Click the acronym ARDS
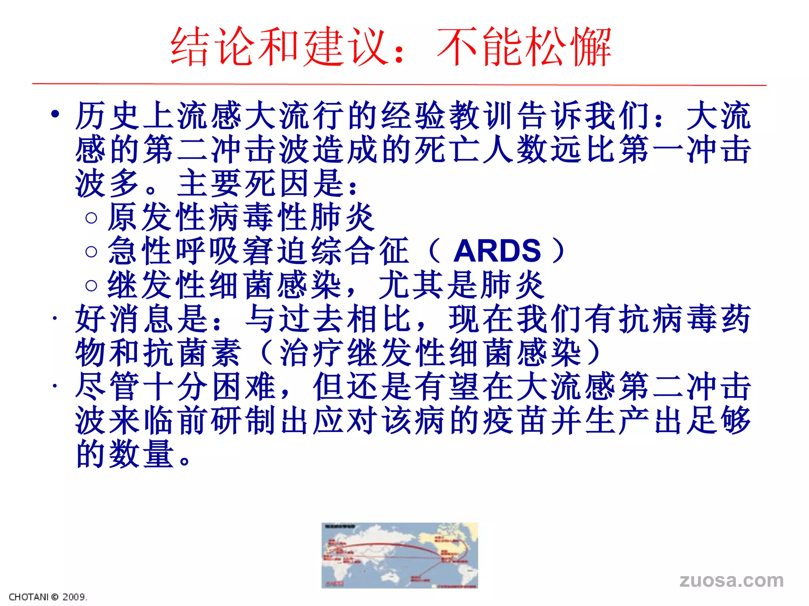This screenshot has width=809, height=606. pyautogui.click(x=497, y=251)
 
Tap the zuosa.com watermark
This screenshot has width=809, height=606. pyautogui.click(x=732, y=580)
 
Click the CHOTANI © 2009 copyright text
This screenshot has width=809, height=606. pyautogui.click(x=48, y=597)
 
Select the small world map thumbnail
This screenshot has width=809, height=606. pyautogui.click(x=399, y=555)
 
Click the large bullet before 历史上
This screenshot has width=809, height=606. pyautogui.click(x=55, y=114)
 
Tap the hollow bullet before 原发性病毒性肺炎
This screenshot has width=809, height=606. pyautogui.click(x=91, y=218)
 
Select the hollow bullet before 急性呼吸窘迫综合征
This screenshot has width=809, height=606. pyautogui.click(x=91, y=251)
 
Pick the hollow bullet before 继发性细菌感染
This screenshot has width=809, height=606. pyautogui.click(x=91, y=285)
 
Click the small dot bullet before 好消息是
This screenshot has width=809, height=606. pyautogui.click(x=55, y=318)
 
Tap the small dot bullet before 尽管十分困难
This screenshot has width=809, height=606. pyautogui.click(x=55, y=386)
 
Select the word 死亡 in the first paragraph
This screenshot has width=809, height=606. pyautogui.click(x=448, y=150)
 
